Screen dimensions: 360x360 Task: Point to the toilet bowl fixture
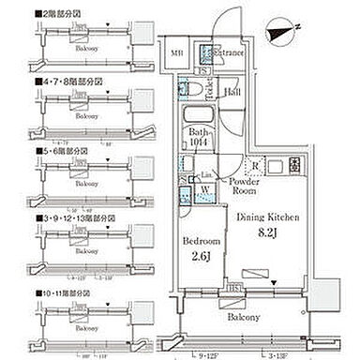pyautogui.click(x=187, y=88)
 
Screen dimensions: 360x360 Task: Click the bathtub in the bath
pyautogui.click(x=198, y=115)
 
